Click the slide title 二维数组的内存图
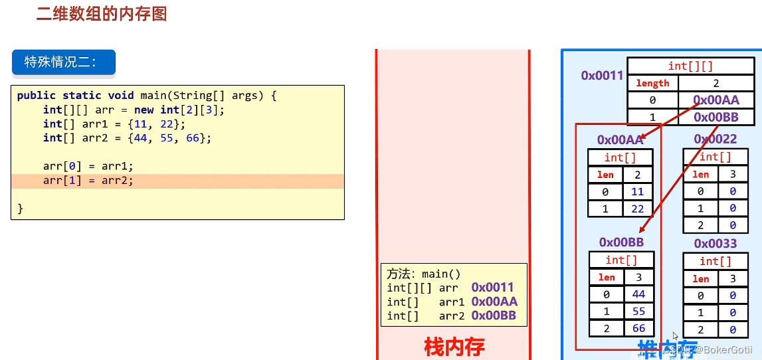click(x=102, y=14)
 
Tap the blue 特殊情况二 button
click(x=64, y=62)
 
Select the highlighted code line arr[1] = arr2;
click(x=88, y=181)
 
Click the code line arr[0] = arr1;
click(x=88, y=166)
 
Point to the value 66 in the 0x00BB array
click(x=638, y=328)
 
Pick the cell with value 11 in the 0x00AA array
click(x=638, y=192)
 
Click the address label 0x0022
click(x=715, y=139)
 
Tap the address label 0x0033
click(x=715, y=244)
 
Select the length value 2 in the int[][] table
click(x=716, y=84)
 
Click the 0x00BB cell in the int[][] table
click(x=716, y=118)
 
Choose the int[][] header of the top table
click(x=690, y=66)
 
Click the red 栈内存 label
click(x=454, y=346)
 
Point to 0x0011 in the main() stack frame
click(x=493, y=288)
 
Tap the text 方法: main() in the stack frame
click(x=424, y=274)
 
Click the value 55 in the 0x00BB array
click(x=638, y=311)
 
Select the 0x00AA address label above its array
click(x=620, y=139)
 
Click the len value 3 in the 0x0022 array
click(x=733, y=175)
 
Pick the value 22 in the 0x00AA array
click(x=638, y=209)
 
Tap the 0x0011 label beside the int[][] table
click(x=602, y=76)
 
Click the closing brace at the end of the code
click(x=21, y=209)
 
